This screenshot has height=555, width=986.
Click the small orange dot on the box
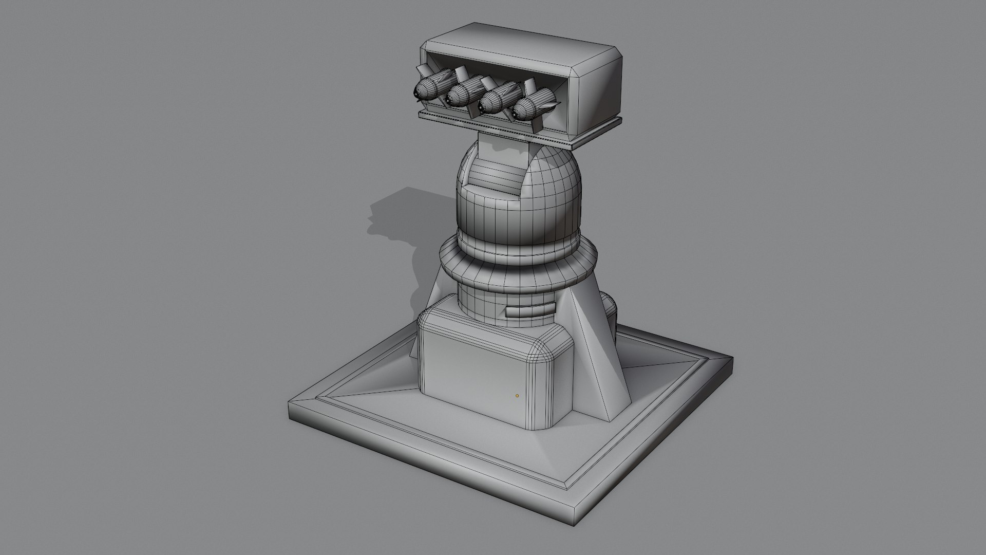pos(517,396)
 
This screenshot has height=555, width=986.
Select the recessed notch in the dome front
pos(493,175)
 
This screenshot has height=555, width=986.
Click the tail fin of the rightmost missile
pos(552,105)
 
